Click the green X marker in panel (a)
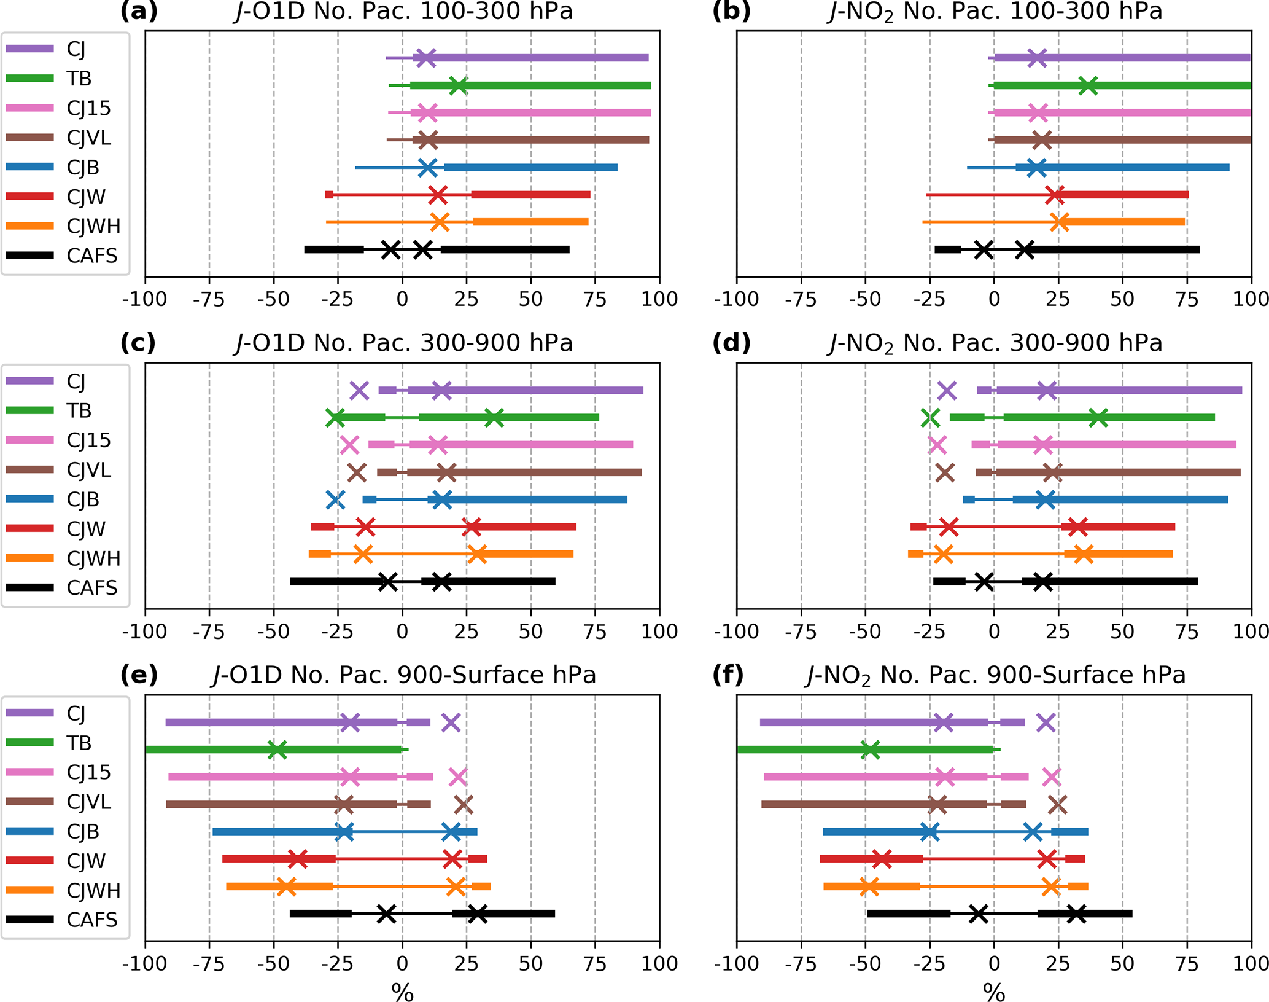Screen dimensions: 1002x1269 pos(458,86)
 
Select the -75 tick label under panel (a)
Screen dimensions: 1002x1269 pos(209,299)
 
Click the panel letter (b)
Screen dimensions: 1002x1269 pos(731,11)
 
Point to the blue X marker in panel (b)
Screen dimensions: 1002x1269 pos(1036,168)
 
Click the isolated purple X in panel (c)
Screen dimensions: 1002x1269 pos(359,390)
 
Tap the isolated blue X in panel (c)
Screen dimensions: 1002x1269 pos(336,499)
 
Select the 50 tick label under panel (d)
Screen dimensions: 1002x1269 pos(1122,632)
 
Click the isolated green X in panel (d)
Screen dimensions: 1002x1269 pos(930,418)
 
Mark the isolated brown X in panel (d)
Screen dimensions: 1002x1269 pos(945,472)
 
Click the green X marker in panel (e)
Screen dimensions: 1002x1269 pos(277,750)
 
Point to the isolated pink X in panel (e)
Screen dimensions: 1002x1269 pos(458,777)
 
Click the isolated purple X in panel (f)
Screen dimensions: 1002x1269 pos(1046,723)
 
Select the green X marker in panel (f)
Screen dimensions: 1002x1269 pos(870,750)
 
